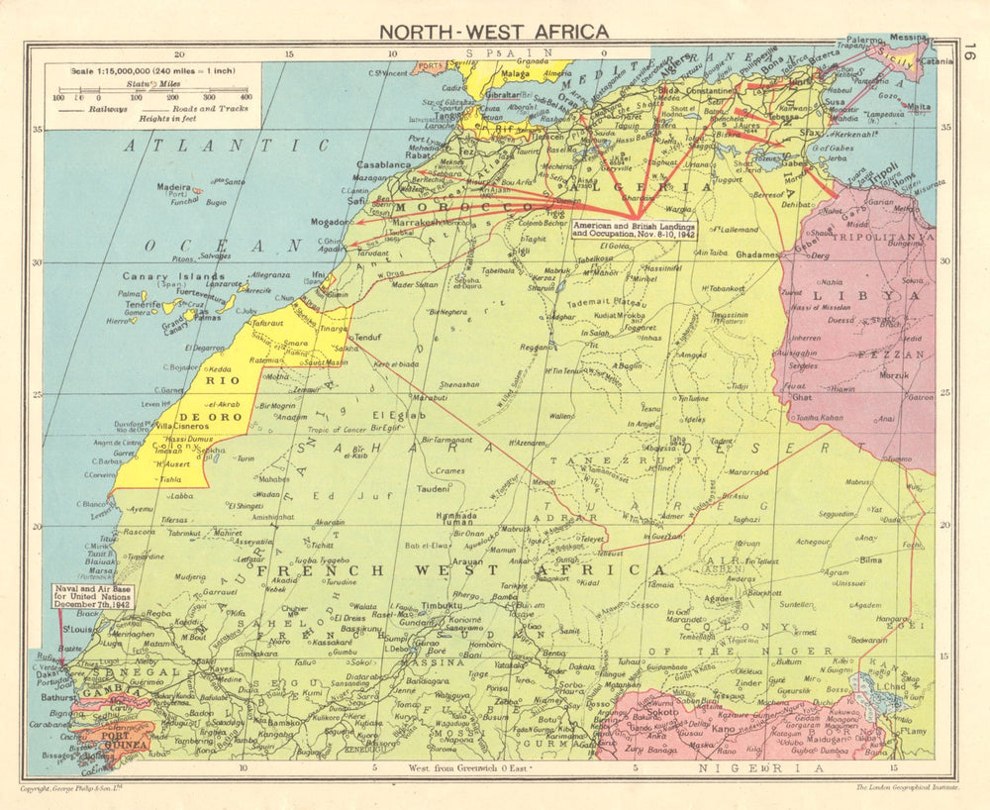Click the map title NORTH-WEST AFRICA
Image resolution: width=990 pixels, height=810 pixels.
tap(494, 32)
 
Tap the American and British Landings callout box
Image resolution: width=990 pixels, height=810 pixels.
tap(634, 229)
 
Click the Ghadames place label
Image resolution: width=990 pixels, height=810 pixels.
tap(758, 254)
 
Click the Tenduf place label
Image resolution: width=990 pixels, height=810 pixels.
tap(367, 337)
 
